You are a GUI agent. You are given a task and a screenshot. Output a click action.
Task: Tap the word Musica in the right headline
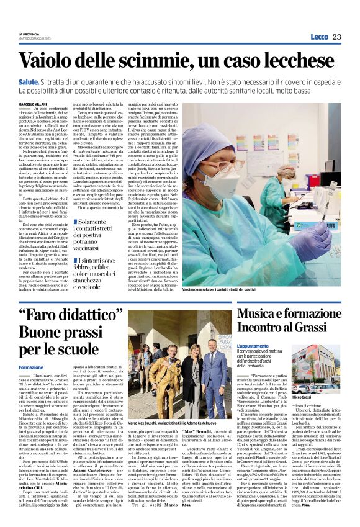click(258, 313)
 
